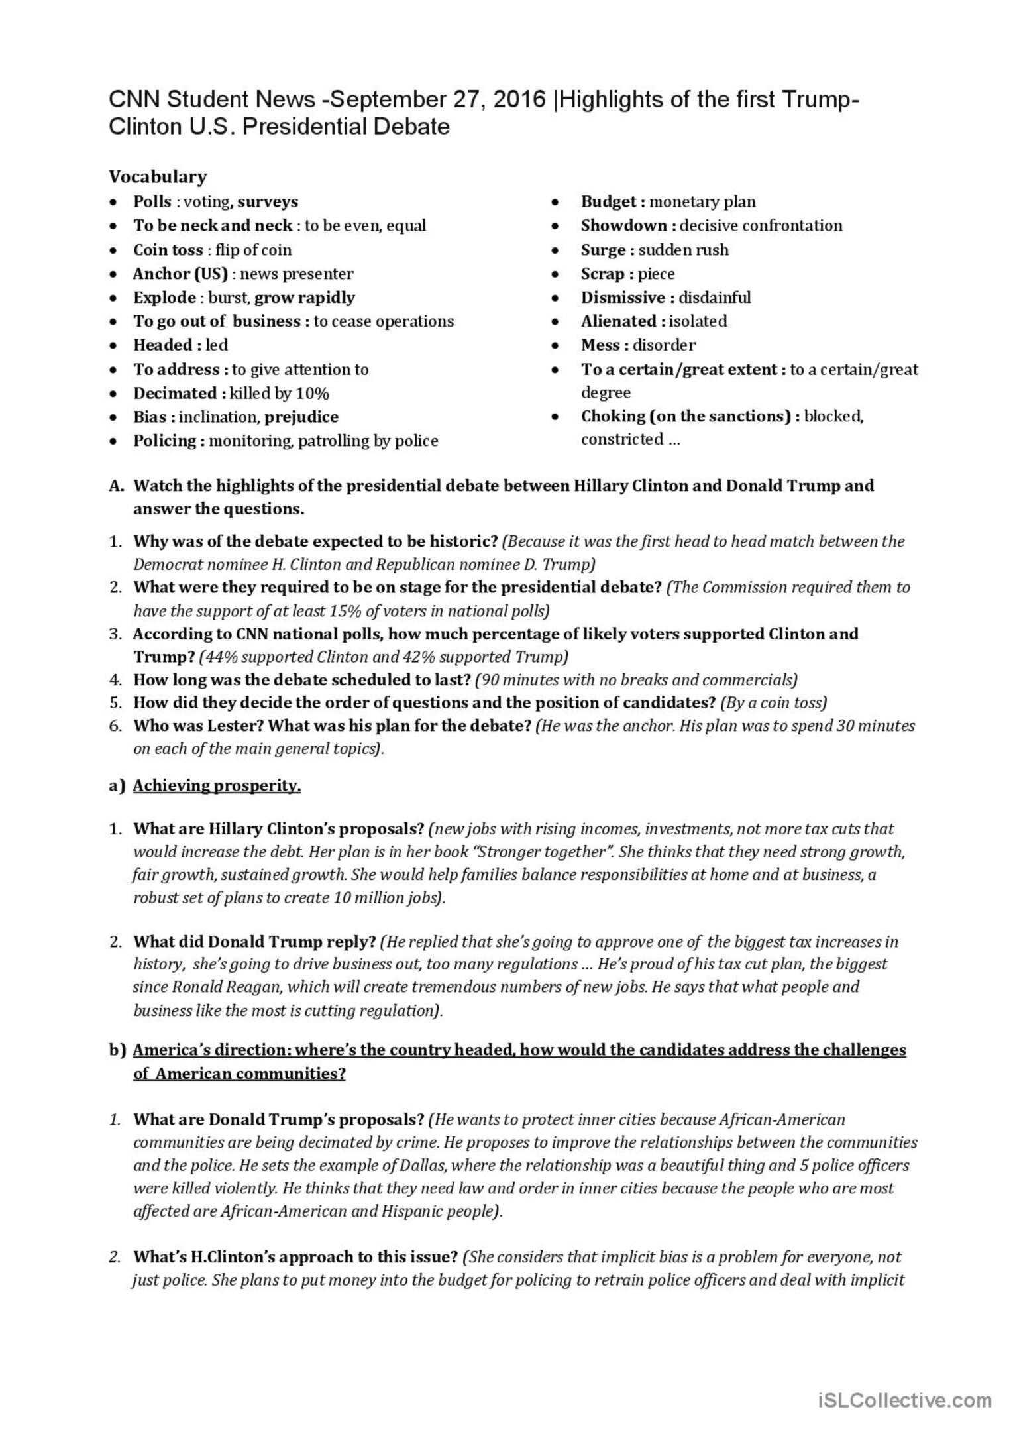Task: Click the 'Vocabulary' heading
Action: point(158,176)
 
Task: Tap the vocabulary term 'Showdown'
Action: point(624,225)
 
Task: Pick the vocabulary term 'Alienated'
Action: point(619,321)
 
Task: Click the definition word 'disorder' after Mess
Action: point(664,345)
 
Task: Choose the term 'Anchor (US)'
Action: point(180,274)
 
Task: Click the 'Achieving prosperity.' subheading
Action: point(217,785)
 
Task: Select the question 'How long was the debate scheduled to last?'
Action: point(302,679)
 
